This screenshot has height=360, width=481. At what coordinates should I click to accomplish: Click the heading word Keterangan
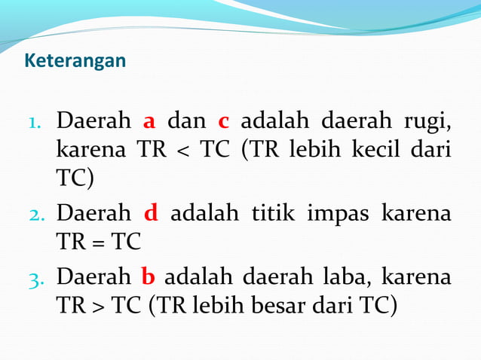75,60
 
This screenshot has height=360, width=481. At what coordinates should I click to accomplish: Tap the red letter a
149,121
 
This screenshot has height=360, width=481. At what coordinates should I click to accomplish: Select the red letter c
223,121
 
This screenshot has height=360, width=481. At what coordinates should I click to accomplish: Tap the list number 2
39,214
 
